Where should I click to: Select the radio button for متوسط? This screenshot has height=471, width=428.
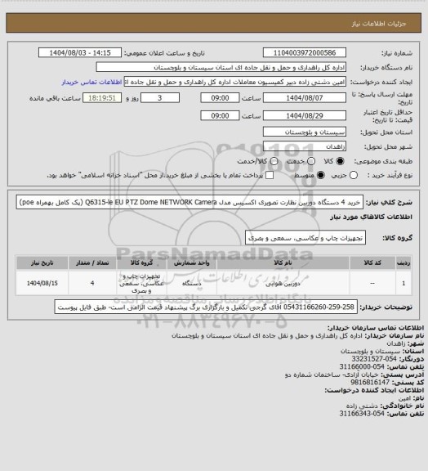288,174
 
